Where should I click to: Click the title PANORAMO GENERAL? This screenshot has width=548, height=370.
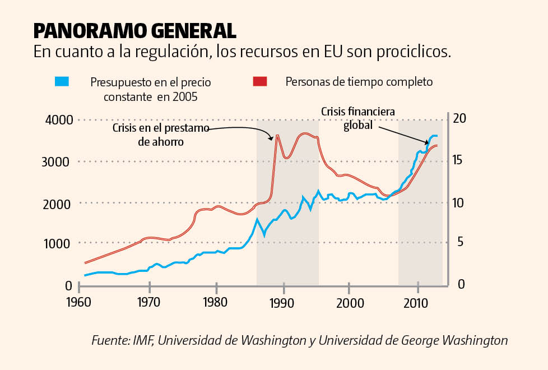coord(134,30)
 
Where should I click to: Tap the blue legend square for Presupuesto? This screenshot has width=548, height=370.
coord(62,82)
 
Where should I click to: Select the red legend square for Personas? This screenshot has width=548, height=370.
coord(259,82)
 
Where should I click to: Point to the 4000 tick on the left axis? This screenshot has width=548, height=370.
coord(59,119)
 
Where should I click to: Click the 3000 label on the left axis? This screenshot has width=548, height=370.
coord(59,161)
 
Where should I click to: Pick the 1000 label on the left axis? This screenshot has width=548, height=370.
coord(59,243)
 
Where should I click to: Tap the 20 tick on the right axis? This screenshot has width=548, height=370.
coord(459,119)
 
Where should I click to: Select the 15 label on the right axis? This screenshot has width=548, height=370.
coord(459,160)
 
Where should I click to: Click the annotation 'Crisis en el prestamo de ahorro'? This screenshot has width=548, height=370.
coord(160,135)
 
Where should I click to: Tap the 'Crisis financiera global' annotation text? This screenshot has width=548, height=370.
coord(358,118)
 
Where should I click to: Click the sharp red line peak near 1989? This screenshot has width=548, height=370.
coord(277,136)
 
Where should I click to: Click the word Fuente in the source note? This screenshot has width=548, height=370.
coord(109,340)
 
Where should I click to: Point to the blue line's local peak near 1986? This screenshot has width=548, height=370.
coord(257,219)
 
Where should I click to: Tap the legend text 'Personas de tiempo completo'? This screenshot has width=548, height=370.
coord(359,82)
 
